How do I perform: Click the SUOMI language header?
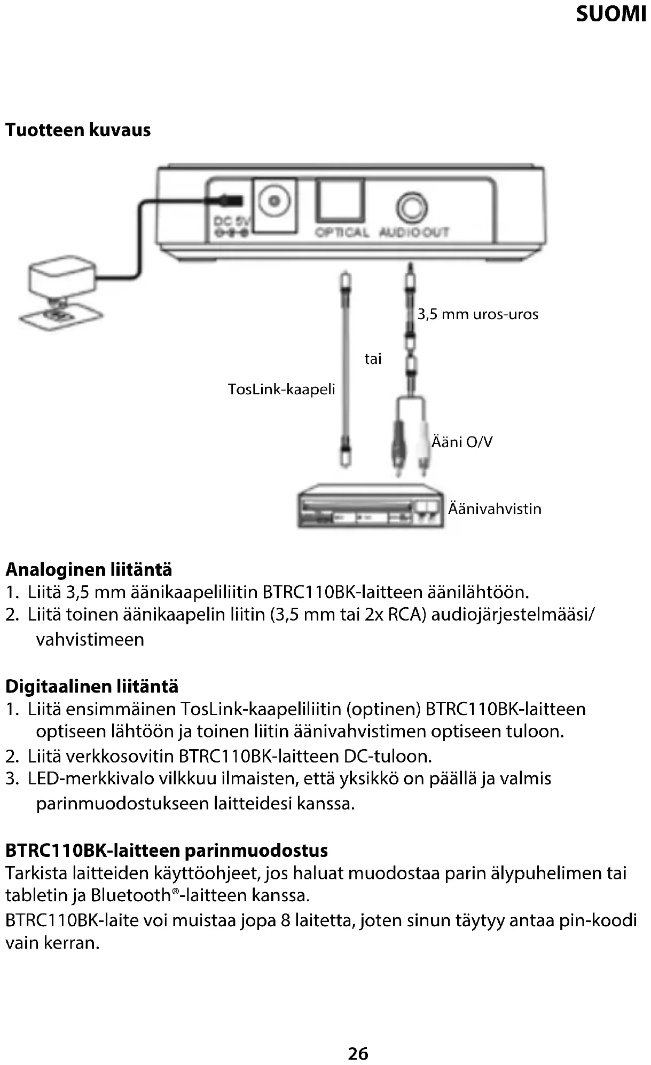610,14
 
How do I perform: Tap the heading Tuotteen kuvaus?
78,130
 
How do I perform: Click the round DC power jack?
274,202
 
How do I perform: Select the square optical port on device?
340,200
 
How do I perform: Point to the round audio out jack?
412,208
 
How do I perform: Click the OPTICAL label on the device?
342,232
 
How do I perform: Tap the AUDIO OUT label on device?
414,232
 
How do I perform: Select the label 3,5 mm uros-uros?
478,314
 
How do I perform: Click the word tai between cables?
373,359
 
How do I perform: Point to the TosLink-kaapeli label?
281,390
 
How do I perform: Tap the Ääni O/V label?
462,442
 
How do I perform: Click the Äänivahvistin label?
495,508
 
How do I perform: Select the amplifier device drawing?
370,506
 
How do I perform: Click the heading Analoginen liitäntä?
89,570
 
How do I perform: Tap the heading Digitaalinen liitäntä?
92,686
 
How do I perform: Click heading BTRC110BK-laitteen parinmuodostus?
167,850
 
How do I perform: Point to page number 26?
358,1053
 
